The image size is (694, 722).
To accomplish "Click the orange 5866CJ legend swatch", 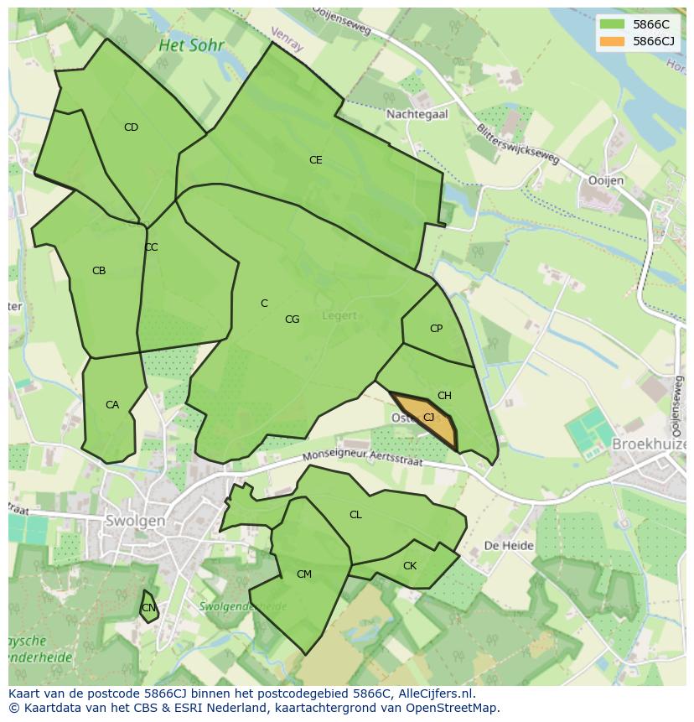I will [613, 41].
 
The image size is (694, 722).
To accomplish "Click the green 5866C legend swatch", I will [613, 24].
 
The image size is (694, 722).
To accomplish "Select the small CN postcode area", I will [148, 607].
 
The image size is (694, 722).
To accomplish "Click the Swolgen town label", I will [135, 520].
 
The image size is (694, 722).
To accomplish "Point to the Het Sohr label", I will [191, 45].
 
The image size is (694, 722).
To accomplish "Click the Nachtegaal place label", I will [417, 113].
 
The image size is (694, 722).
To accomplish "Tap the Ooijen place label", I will [606, 180].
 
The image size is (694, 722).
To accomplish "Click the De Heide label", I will [509, 545].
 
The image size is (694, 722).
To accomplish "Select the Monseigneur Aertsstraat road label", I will [365, 457].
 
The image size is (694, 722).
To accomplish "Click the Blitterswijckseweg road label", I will [516, 146].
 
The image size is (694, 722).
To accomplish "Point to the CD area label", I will [131, 127].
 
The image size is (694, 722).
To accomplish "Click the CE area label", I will [315, 159].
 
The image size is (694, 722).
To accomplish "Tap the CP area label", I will [436, 328].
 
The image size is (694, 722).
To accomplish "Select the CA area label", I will [112, 405].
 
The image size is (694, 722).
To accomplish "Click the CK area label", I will [410, 566].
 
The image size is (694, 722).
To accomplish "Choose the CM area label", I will [304, 574].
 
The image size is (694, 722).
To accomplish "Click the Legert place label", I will [339, 316].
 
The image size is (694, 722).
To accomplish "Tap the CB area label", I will [99, 271].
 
